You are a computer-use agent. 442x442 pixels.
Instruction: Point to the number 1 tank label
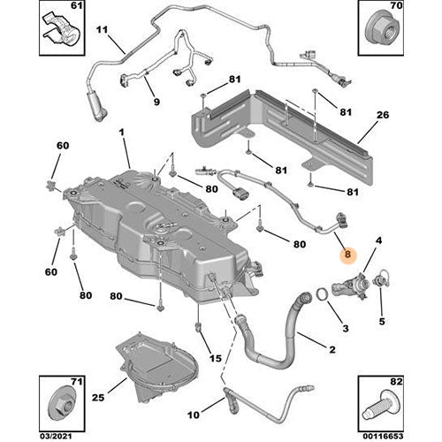123,133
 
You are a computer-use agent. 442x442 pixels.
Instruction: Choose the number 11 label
103,33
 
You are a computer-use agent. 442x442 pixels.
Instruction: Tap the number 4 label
378,240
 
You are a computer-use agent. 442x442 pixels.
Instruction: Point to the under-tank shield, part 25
168,371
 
